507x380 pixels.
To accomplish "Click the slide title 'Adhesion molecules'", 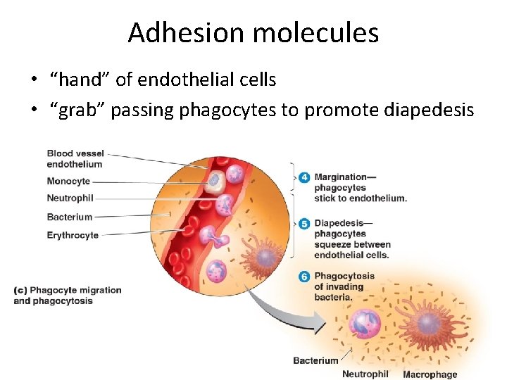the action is point(253,33).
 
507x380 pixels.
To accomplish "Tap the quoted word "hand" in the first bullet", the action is point(80,80).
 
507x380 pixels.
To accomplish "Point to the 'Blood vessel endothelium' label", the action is point(75,159).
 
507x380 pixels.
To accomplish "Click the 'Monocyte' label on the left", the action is point(68,181).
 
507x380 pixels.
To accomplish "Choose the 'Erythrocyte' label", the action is point(73,235).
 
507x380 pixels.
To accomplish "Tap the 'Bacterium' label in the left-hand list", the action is point(69,217).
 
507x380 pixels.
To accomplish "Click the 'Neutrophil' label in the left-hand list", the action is point(70,198).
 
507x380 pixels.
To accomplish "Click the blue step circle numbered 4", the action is point(304,178).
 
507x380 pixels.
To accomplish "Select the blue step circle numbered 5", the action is point(304,224).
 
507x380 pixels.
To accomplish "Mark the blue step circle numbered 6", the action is point(304,277).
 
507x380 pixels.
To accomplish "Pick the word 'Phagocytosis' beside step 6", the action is point(344,276).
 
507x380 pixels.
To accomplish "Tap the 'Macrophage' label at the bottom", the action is point(430,374).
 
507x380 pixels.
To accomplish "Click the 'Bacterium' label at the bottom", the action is point(315,361).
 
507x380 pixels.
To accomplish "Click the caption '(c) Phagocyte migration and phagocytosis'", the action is point(68,296).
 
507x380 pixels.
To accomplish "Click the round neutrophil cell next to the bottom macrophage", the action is point(365,325).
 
